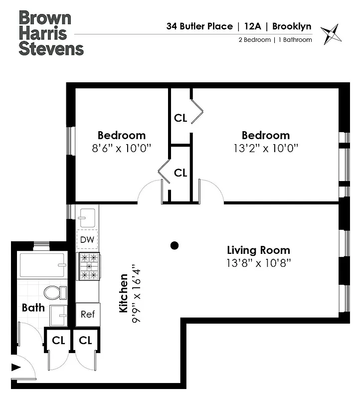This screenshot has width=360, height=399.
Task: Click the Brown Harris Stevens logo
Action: point(51,33)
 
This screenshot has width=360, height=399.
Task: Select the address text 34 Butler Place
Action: point(198,26)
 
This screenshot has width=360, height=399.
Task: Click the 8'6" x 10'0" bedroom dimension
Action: point(122,148)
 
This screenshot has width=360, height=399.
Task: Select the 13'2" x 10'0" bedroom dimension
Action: point(265,148)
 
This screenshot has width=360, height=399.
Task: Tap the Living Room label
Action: point(258,250)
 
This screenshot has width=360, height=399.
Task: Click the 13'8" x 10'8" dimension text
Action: point(258,262)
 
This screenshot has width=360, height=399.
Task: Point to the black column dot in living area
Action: point(174,245)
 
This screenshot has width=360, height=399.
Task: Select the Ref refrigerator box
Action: point(88,314)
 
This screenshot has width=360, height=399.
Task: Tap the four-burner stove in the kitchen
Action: point(88,266)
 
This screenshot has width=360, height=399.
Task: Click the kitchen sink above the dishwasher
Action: point(87,216)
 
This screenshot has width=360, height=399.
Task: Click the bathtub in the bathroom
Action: point(42,265)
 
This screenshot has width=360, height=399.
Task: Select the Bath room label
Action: point(33,308)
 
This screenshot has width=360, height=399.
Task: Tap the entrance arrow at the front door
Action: point(16,368)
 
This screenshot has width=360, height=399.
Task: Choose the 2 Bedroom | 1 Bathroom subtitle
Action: point(275,40)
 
